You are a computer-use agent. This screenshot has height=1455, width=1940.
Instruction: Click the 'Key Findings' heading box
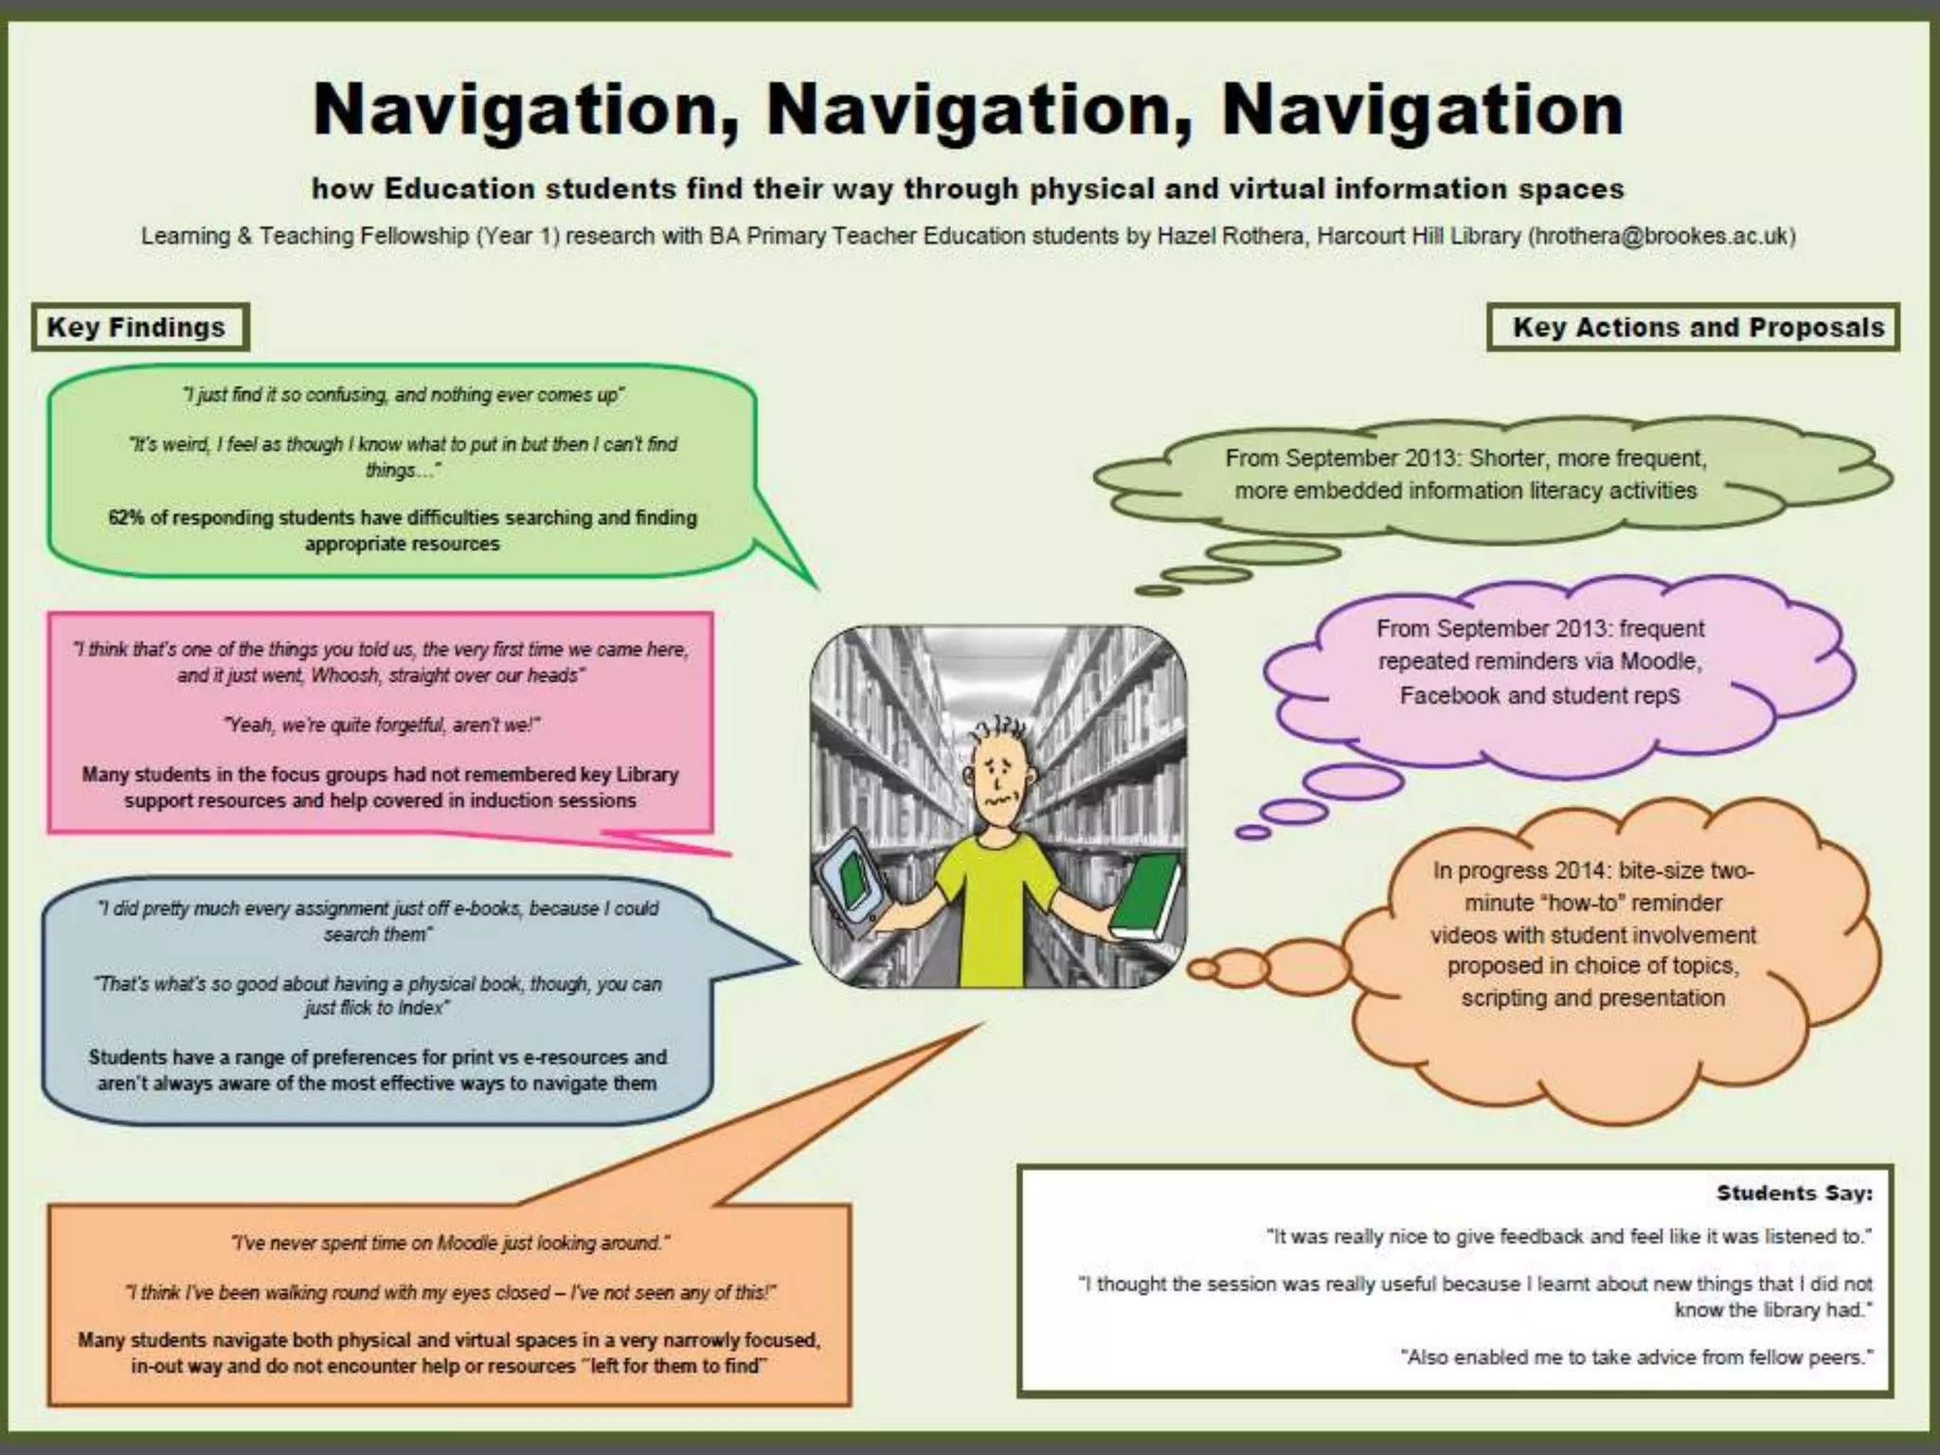pyautogui.click(x=139, y=328)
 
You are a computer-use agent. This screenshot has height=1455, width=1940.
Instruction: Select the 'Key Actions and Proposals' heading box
pyautogui.click(x=1693, y=328)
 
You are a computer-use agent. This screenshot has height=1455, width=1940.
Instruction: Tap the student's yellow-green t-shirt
pyautogui.click(x=995, y=909)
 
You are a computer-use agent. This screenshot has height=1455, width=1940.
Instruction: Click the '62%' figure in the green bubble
pyautogui.click(x=125, y=518)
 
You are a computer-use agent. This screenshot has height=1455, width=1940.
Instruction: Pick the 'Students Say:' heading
pyautogui.click(x=1794, y=1194)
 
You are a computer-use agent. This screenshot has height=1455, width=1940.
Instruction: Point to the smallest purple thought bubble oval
pyautogui.click(x=1252, y=832)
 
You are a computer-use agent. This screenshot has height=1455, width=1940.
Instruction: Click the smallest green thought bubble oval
pyautogui.click(x=1158, y=590)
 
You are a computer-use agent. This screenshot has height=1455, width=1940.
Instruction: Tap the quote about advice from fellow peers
pyautogui.click(x=1636, y=1357)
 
